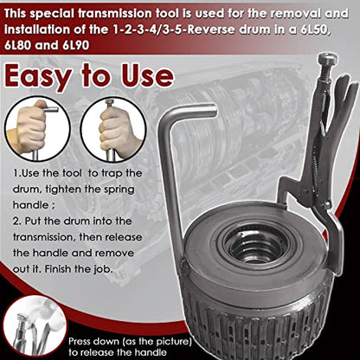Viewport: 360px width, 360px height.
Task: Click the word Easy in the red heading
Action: coord(37,76)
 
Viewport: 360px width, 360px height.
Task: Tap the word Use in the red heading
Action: coord(147,75)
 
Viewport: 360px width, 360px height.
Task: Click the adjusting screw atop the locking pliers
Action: coord(328,66)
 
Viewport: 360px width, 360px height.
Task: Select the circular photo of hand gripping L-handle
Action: coord(37,129)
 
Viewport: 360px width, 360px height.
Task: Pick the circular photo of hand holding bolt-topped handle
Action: coord(113,129)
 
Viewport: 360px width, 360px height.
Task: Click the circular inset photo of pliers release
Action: coord(35,328)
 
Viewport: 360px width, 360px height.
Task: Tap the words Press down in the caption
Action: coord(93,342)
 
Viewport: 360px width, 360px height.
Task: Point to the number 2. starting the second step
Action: coord(17,222)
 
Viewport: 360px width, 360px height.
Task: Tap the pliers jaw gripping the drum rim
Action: coord(284,199)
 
